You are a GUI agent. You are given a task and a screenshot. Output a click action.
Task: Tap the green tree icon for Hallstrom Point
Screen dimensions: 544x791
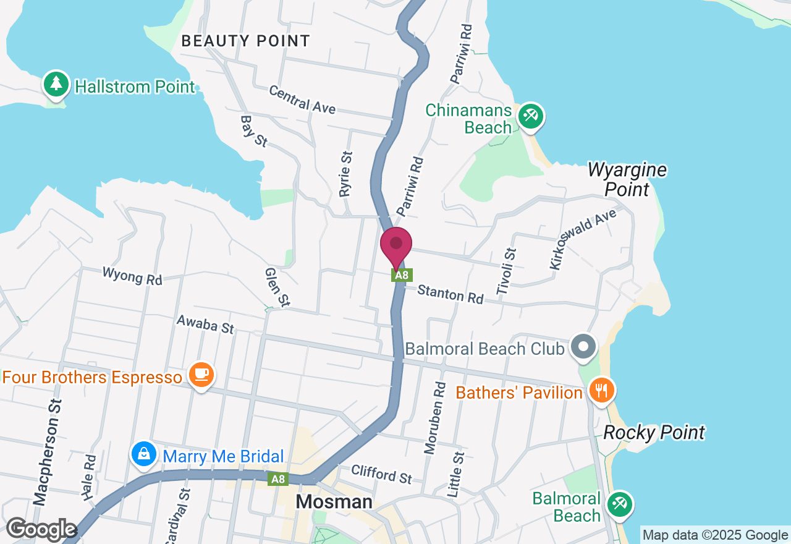56,84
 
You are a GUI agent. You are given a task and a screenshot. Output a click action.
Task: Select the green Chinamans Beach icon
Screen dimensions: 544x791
530,116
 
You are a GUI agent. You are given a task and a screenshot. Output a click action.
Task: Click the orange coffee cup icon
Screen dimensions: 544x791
201,375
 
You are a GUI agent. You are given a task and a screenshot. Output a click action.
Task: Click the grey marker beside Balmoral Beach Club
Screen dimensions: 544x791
583,346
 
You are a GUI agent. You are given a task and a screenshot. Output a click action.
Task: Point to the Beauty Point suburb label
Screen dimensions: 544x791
245,41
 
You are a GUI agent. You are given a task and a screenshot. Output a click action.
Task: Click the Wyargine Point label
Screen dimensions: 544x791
627,179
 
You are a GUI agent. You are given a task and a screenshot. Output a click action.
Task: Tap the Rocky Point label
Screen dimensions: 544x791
654,432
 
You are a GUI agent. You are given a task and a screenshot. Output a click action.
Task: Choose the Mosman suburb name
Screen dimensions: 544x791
334,501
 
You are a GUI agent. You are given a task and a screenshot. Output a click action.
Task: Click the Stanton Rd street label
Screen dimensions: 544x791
450,294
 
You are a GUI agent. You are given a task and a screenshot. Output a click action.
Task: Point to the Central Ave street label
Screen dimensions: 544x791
302,100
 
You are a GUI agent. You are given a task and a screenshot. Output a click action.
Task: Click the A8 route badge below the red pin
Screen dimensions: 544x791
402,275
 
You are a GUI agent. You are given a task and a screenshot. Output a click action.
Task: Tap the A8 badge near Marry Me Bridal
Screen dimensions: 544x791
278,478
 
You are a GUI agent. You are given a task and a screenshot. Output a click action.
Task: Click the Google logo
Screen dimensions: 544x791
41,530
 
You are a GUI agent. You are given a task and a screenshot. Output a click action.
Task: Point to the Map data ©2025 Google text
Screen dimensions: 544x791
714,535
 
